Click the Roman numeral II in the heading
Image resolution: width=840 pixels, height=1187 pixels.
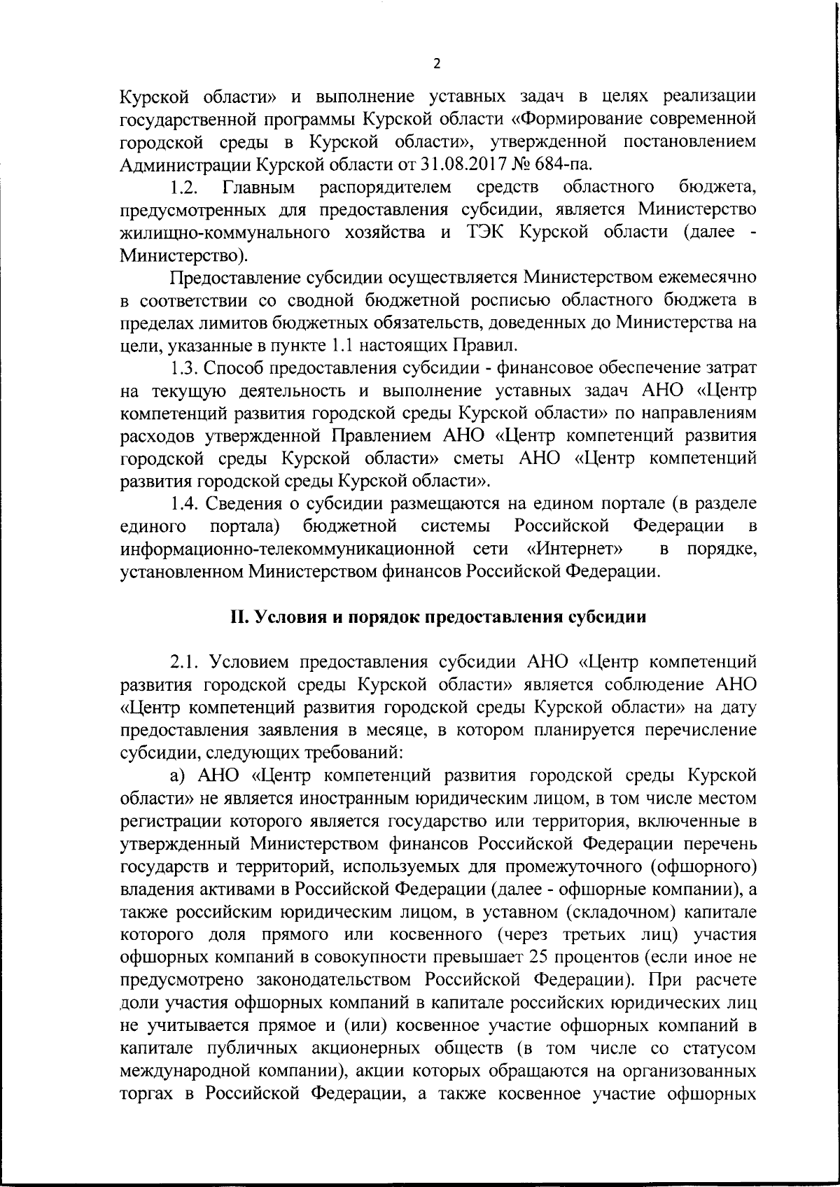[238, 617]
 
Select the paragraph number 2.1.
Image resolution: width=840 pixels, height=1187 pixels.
[186, 662]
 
